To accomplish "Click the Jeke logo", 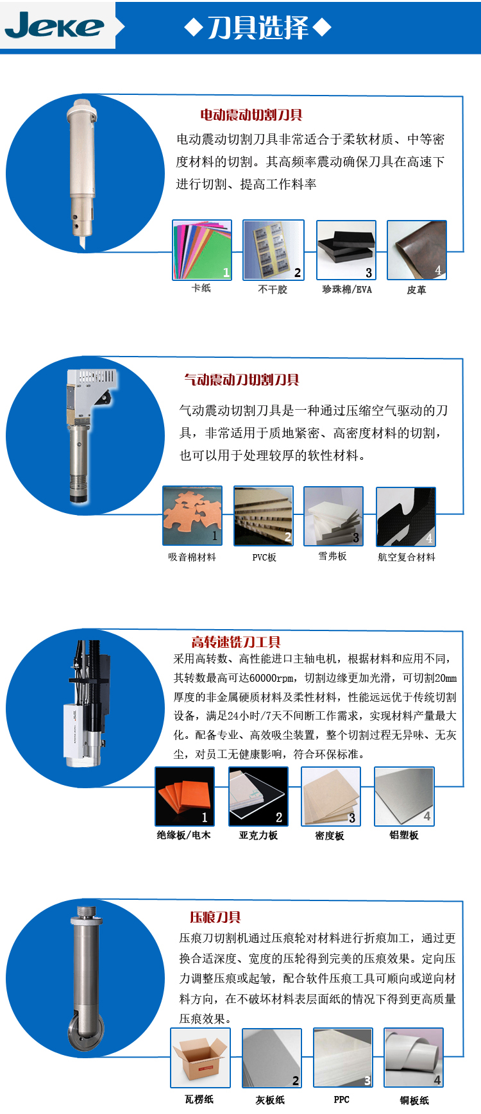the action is coord(54,26).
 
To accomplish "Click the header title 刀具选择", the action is coord(258,28).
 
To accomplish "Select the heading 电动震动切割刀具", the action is coord(251,115).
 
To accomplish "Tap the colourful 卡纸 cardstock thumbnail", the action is coord(201,250).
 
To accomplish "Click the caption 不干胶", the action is coord(273,289).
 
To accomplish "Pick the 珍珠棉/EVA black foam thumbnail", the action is coord(346,250).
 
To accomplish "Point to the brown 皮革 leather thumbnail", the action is coord(417,250).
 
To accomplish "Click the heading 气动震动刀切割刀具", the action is coord(242,380).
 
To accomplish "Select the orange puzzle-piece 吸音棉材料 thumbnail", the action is coord(192,516).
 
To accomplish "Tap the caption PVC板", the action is coord(264,557).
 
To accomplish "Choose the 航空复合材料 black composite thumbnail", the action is coord(406,517).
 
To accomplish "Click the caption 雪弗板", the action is coord(332,556).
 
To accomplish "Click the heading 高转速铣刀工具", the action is coord(236,642).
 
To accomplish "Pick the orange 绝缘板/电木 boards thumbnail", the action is coord(185,797).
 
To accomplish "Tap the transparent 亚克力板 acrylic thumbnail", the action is coord(258,797).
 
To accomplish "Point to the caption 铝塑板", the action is coord(404,835).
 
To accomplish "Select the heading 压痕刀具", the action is coord(215,917).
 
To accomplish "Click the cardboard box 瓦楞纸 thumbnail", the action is coord(200,1058).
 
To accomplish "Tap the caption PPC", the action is coord(342,1099).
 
